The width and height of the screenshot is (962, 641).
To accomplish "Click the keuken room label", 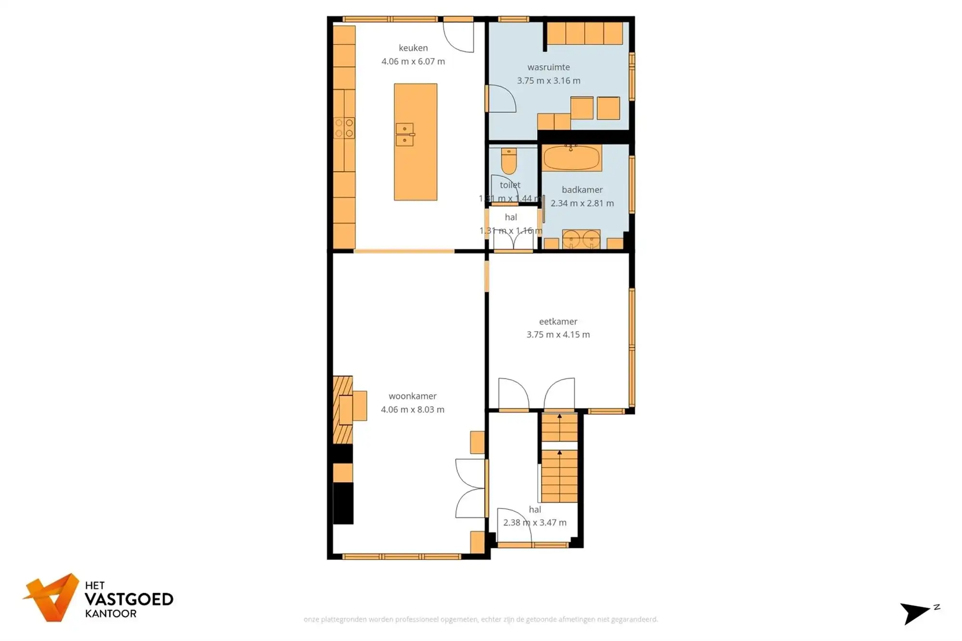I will [x=413, y=48].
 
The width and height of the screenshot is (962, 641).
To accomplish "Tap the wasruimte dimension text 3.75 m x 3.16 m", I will [x=548, y=81].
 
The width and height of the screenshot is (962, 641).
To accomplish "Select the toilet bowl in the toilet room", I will [x=508, y=161].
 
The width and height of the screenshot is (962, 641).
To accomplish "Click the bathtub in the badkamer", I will [x=572, y=158].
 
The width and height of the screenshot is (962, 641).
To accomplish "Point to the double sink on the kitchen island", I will [x=405, y=134].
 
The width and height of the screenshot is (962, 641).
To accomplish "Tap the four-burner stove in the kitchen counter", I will [x=344, y=128].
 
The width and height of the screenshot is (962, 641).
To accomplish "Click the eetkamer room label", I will [x=558, y=321].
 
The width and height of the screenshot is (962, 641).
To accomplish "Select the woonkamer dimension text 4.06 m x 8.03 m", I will [x=412, y=410].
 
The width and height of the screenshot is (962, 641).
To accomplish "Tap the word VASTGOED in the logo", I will [x=128, y=600].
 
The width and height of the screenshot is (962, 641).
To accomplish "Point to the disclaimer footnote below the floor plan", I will [x=481, y=619].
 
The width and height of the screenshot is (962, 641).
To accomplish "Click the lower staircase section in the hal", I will [x=559, y=476].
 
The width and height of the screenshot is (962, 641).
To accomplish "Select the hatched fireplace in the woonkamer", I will [x=342, y=410].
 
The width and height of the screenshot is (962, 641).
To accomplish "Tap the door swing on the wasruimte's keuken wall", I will [x=502, y=99].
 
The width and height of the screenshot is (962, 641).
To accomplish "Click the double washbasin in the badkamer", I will [x=581, y=239].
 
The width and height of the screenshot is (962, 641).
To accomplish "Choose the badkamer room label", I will [x=582, y=190].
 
